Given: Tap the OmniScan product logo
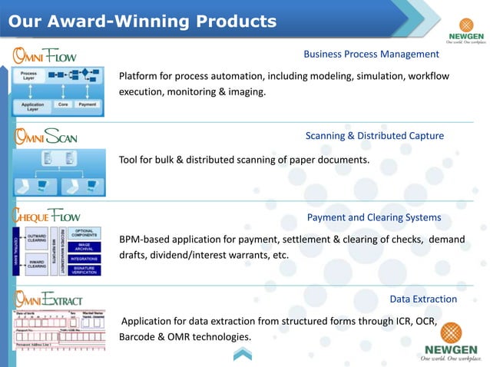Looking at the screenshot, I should (45, 137).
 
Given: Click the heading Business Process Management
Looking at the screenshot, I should (371, 54).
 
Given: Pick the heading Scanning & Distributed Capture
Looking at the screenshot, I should (374, 136).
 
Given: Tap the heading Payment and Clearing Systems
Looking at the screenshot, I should (373, 217).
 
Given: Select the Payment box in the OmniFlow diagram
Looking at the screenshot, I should (88, 104).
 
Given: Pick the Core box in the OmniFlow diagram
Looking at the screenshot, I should (64, 104).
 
